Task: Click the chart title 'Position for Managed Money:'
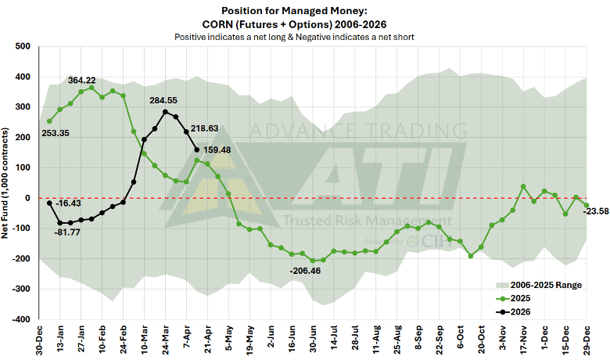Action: [304, 12]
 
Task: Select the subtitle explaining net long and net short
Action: [304, 37]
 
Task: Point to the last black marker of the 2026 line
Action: [196, 149]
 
